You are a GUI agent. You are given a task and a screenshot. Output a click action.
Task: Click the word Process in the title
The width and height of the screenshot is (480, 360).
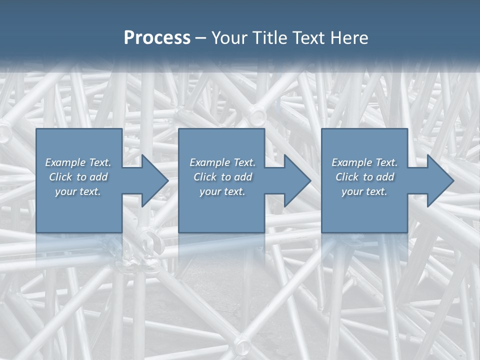(157, 38)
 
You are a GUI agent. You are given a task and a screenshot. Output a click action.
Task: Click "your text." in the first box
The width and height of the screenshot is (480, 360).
(78, 191)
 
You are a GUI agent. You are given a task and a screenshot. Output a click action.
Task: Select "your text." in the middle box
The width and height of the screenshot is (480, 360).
(222, 191)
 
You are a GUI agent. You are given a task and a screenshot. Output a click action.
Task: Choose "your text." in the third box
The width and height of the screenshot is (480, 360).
(364, 191)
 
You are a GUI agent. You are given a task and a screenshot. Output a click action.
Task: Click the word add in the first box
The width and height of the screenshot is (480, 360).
(98, 177)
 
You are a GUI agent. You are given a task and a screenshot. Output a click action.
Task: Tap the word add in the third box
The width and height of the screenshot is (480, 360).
(385, 177)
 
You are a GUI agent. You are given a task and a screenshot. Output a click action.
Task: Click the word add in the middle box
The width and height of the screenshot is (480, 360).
(243, 177)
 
